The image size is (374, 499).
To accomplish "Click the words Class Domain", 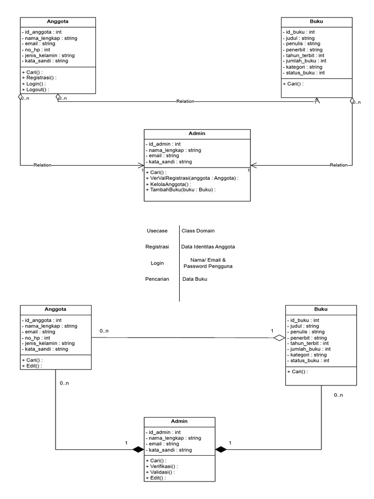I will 198,230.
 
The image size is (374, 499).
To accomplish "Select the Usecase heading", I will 157,230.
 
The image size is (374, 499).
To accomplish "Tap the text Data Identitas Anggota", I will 208,247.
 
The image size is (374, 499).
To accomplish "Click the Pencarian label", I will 157,280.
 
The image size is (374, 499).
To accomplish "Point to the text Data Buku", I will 195,280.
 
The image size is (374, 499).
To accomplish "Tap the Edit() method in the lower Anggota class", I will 32,366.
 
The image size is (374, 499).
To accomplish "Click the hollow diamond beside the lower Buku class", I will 279,337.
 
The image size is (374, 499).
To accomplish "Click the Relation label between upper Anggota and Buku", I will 186,101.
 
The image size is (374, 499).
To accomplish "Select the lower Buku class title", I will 320,309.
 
